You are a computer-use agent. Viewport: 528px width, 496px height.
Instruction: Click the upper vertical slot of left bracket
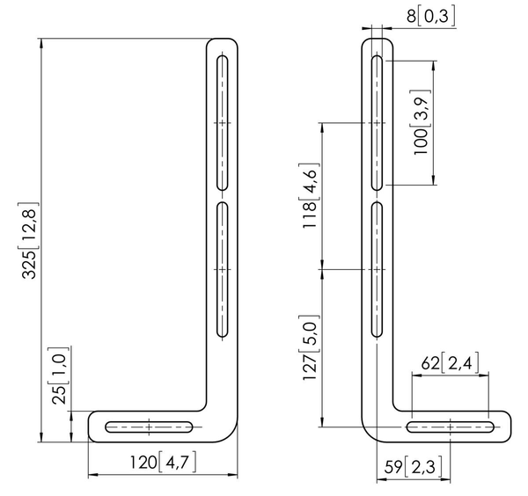coord(223,121)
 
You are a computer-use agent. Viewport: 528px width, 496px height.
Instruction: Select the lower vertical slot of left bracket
coord(223,269)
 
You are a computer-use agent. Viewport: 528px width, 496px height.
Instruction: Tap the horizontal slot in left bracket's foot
coord(150,427)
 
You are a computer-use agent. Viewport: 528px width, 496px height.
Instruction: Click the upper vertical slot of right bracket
coord(377,121)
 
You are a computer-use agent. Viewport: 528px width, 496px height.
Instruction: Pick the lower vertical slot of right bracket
coord(377,269)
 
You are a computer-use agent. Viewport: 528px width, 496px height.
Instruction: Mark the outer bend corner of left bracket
coord(231,434)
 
